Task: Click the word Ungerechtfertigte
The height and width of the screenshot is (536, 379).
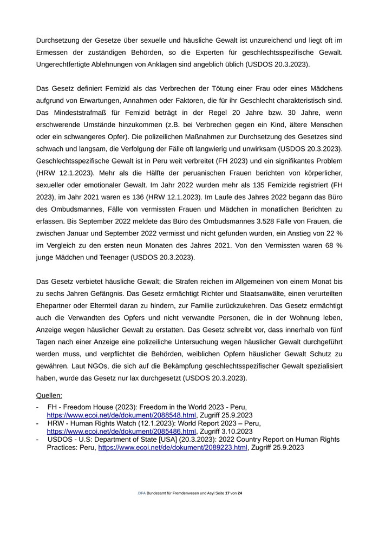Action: click(x=67, y=64)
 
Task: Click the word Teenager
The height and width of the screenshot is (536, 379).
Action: click(x=111, y=258)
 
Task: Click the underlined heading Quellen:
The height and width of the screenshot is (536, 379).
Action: click(x=49, y=396)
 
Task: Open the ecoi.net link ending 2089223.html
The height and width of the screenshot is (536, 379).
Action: click(x=173, y=448)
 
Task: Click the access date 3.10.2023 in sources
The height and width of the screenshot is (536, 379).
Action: click(x=233, y=432)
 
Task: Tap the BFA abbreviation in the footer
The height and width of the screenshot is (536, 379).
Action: click(x=142, y=494)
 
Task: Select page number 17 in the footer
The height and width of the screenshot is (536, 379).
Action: click(x=227, y=494)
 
